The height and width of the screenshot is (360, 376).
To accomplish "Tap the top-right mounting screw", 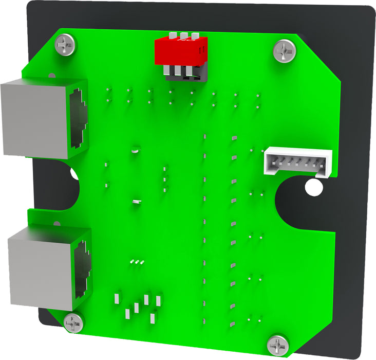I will click(285, 51).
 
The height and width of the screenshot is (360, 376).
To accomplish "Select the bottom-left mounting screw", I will click(73, 323).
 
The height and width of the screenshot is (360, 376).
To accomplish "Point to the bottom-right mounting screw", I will click(278, 344).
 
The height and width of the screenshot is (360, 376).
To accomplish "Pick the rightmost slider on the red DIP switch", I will click(195, 37).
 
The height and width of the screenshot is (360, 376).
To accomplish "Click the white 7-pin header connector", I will click(298, 161).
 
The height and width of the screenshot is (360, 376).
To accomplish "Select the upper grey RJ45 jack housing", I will click(44, 118).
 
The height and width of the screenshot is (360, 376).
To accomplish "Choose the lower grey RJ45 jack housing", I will click(49, 267).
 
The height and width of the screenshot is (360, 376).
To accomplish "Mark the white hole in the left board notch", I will click(75, 175).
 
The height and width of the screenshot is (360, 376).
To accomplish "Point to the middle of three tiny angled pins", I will click(137, 262).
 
